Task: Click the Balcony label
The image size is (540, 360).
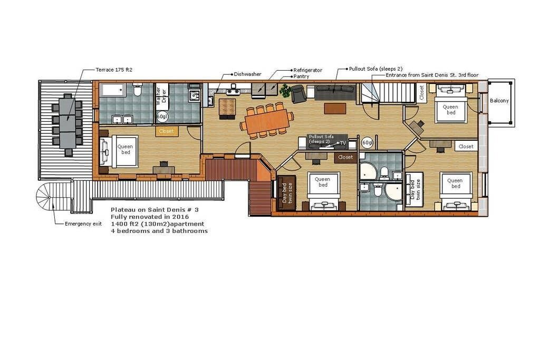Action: pos(499,101)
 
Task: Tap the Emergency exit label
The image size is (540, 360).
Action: pos(83,223)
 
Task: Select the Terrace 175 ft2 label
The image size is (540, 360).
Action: pos(114,70)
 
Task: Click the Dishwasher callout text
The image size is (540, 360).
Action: pos(248,74)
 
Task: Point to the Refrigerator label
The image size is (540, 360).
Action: pos(308,70)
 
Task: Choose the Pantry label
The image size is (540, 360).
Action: pos(301,76)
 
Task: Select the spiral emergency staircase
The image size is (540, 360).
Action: pos(49,197)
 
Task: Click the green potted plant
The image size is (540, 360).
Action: pos(285,91)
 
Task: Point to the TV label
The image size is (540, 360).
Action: pos(343,143)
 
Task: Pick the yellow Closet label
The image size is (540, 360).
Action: pos(166,131)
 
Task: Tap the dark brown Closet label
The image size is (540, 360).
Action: pos(345,157)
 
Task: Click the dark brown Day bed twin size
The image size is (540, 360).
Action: pos(286,193)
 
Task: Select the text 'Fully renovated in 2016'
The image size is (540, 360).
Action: pos(150,217)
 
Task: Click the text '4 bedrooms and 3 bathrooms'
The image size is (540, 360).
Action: pos(159,231)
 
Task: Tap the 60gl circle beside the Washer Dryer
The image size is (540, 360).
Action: pos(161,116)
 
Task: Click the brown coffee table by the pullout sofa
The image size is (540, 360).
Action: pos(335,109)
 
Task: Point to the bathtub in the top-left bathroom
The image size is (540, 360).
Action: pos(113,90)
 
